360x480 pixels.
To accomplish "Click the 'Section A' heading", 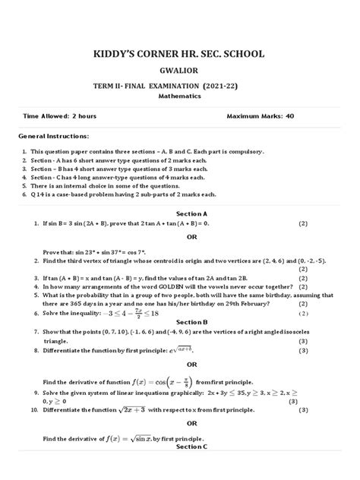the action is pyautogui.click(x=180, y=215).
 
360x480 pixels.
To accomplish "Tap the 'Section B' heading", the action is pyautogui.click(x=180, y=321).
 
